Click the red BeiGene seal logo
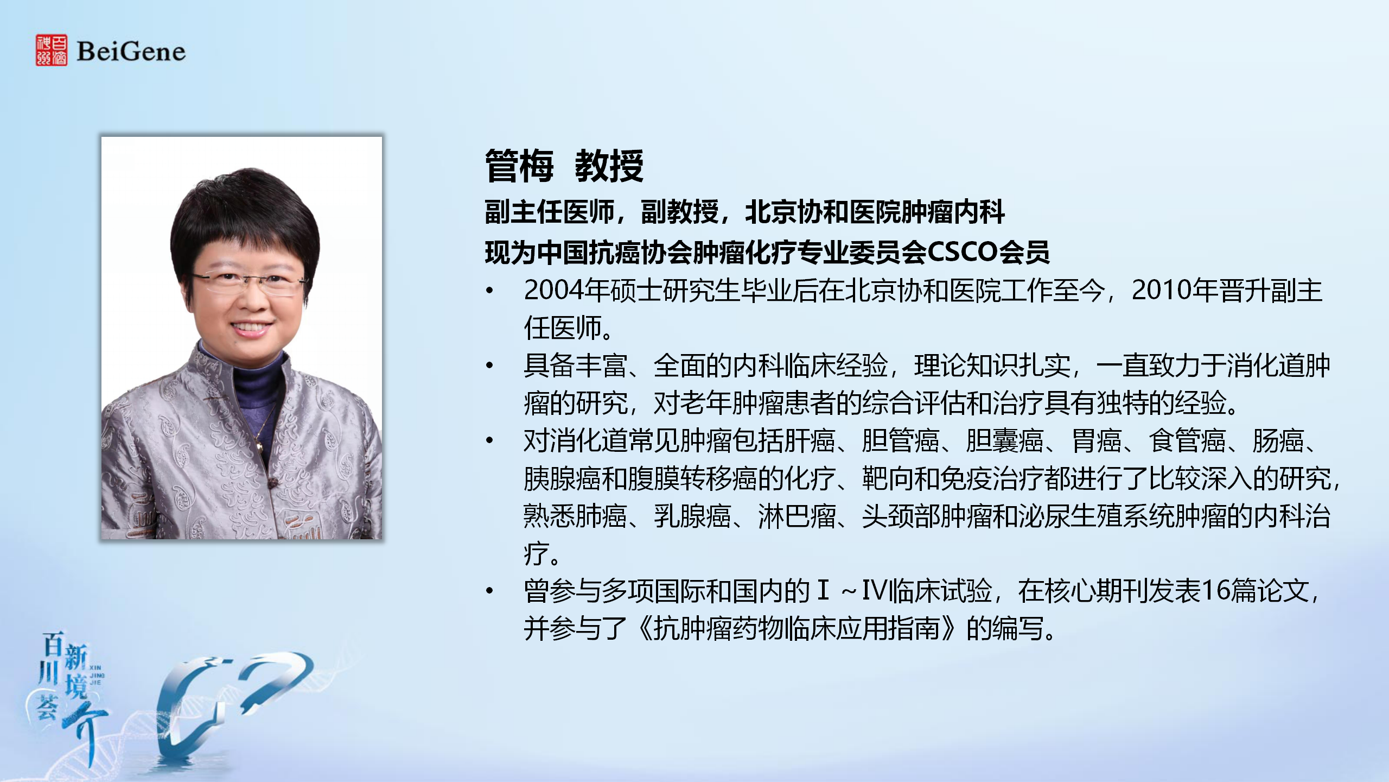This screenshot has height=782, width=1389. click(52, 51)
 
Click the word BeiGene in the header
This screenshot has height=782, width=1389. click(131, 52)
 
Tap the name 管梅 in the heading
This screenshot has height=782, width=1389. click(519, 166)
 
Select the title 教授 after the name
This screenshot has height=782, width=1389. click(609, 166)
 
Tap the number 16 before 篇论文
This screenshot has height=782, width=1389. click(1215, 591)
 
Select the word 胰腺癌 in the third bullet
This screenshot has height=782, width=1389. click(562, 478)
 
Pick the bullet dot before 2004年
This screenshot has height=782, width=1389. click(490, 291)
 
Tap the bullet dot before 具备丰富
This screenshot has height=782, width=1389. click(490, 365)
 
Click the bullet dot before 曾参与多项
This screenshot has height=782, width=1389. click(490, 591)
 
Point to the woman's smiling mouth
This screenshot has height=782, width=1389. click(251, 329)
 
